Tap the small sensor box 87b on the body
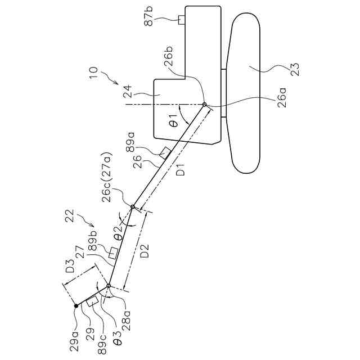click(x=182, y=20)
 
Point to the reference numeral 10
click(x=93, y=74)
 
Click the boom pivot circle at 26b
click(x=204, y=105)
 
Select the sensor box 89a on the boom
click(x=165, y=152)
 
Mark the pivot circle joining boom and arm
click(x=133, y=207)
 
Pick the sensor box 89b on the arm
click(x=113, y=251)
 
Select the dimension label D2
click(x=144, y=250)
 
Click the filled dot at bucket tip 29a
click(x=75, y=306)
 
